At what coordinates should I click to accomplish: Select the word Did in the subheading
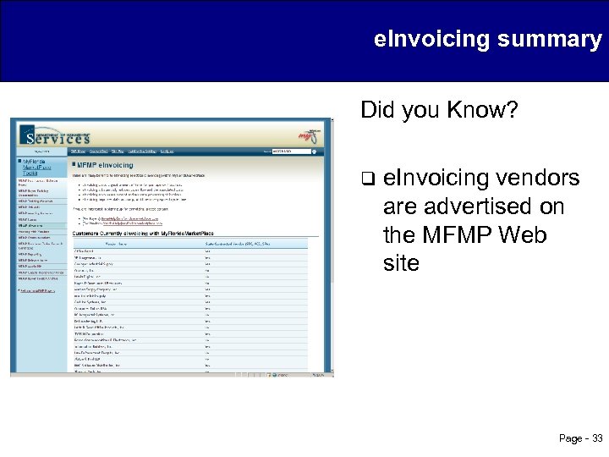click(x=376, y=110)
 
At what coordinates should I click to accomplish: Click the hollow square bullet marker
click(x=367, y=179)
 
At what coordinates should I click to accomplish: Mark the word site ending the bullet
click(x=401, y=263)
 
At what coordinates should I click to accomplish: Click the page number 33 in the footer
click(x=597, y=438)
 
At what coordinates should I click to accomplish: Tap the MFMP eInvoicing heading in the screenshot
click(x=105, y=164)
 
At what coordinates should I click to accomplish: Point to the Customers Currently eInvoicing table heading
click(x=140, y=232)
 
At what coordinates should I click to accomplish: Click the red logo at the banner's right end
click(x=310, y=134)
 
